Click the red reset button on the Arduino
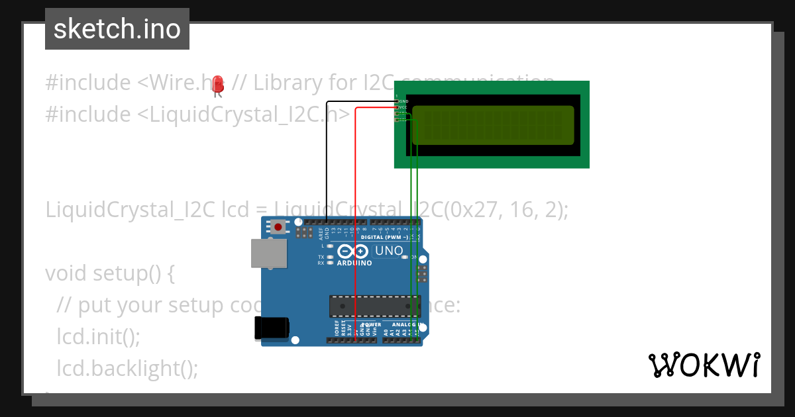[x=278, y=227]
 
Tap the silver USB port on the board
[x=269, y=254]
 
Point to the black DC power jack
[x=272, y=328]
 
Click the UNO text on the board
[x=389, y=251]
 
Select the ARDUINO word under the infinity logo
[x=354, y=263]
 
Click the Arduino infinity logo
[x=352, y=252]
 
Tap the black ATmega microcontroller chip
[x=375, y=306]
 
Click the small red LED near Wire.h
[x=219, y=85]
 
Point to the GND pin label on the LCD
[x=403, y=101]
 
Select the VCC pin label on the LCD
[x=403, y=107]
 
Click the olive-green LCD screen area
[x=493, y=125]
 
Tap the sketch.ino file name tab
[x=117, y=29]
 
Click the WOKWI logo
[x=704, y=365]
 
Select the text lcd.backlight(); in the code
[x=128, y=368]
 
